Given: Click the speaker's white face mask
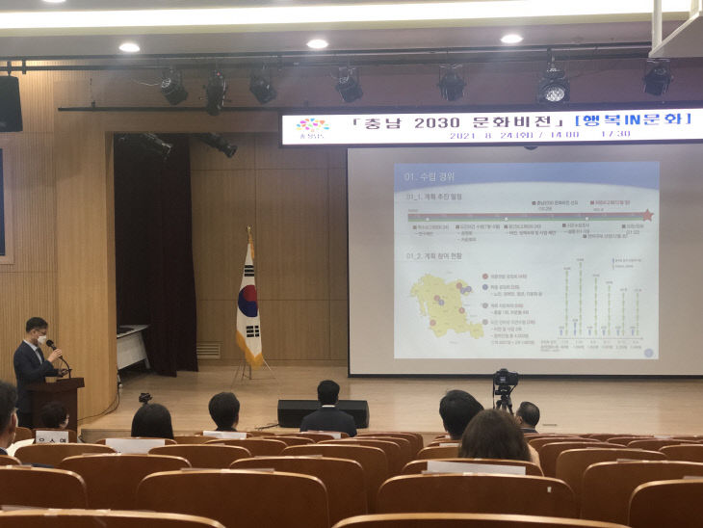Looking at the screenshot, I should point(40,339).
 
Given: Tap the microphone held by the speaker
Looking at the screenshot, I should point(53,346).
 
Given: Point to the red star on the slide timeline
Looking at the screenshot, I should point(647,216).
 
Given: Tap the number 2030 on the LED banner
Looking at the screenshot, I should point(420,124).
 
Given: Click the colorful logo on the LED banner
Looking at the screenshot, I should point(312,127).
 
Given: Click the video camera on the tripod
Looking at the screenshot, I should point(505,381).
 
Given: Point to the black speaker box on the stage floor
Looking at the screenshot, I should point(322,412).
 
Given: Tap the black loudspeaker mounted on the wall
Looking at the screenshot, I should point(11,103).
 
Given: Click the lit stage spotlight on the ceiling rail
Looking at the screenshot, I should point(552,88).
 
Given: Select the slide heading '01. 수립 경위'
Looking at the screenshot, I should point(430,176).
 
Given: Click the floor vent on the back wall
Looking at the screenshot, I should point(208,351).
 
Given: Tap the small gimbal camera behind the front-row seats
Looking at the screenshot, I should point(144,397).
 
